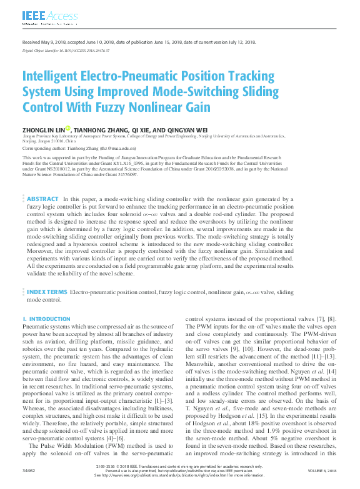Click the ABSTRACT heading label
tap(42, 198)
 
